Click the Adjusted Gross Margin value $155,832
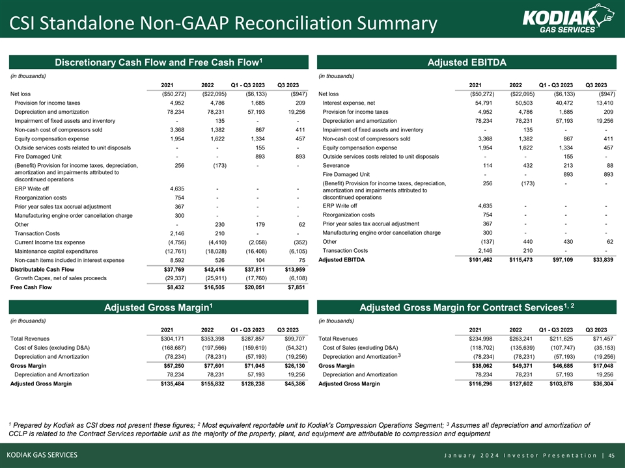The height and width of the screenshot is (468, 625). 210,383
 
